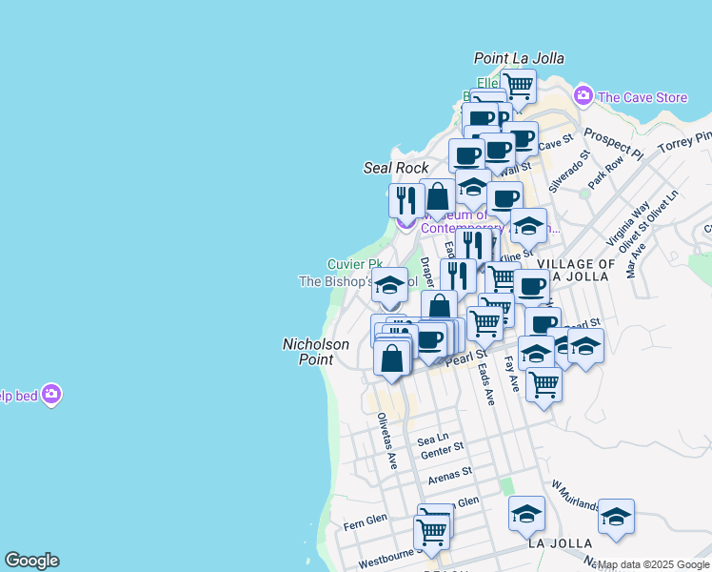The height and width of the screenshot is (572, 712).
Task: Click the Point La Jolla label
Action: (x=520, y=58)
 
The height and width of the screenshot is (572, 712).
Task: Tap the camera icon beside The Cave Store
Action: (x=583, y=96)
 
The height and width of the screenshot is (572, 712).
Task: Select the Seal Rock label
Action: (x=397, y=168)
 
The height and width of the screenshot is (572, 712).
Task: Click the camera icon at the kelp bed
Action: (x=51, y=394)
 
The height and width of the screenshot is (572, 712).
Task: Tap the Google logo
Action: (x=31, y=561)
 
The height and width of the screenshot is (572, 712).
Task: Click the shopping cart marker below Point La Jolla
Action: (x=518, y=85)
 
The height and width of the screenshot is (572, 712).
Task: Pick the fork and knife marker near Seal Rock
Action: (x=406, y=200)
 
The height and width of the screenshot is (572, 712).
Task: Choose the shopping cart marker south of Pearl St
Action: (x=544, y=384)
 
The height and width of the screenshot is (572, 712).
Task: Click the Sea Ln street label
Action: (x=433, y=439)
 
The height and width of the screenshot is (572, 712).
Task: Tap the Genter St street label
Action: (x=441, y=447)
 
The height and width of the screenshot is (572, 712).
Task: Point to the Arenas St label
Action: (x=450, y=473)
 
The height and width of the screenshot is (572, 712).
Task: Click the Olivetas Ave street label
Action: (x=386, y=439)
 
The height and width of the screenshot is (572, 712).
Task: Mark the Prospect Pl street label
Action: (x=613, y=143)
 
